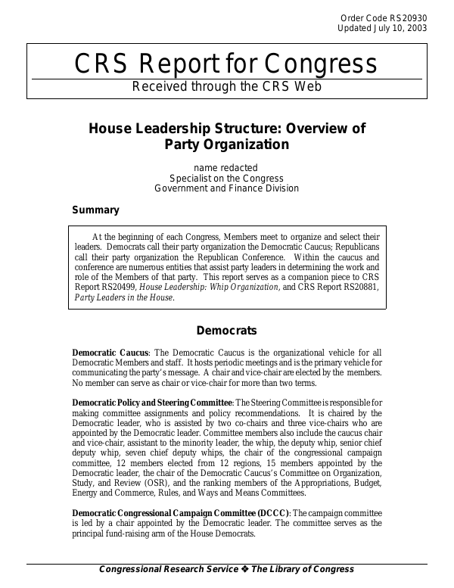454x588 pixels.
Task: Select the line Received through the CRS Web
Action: pyautogui.click(x=226, y=86)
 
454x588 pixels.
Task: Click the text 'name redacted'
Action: pyautogui.click(x=225, y=167)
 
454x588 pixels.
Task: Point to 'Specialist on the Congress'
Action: pyautogui.click(x=226, y=178)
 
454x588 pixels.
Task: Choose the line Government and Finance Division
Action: pyautogui.click(x=226, y=188)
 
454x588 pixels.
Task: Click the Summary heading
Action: pyautogui.click(x=95, y=210)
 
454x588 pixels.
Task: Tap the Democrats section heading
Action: pyautogui.click(x=226, y=331)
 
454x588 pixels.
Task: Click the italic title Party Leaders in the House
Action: pyautogui.click(x=124, y=297)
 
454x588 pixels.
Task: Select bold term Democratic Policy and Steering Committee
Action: pyautogui.click(x=151, y=403)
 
